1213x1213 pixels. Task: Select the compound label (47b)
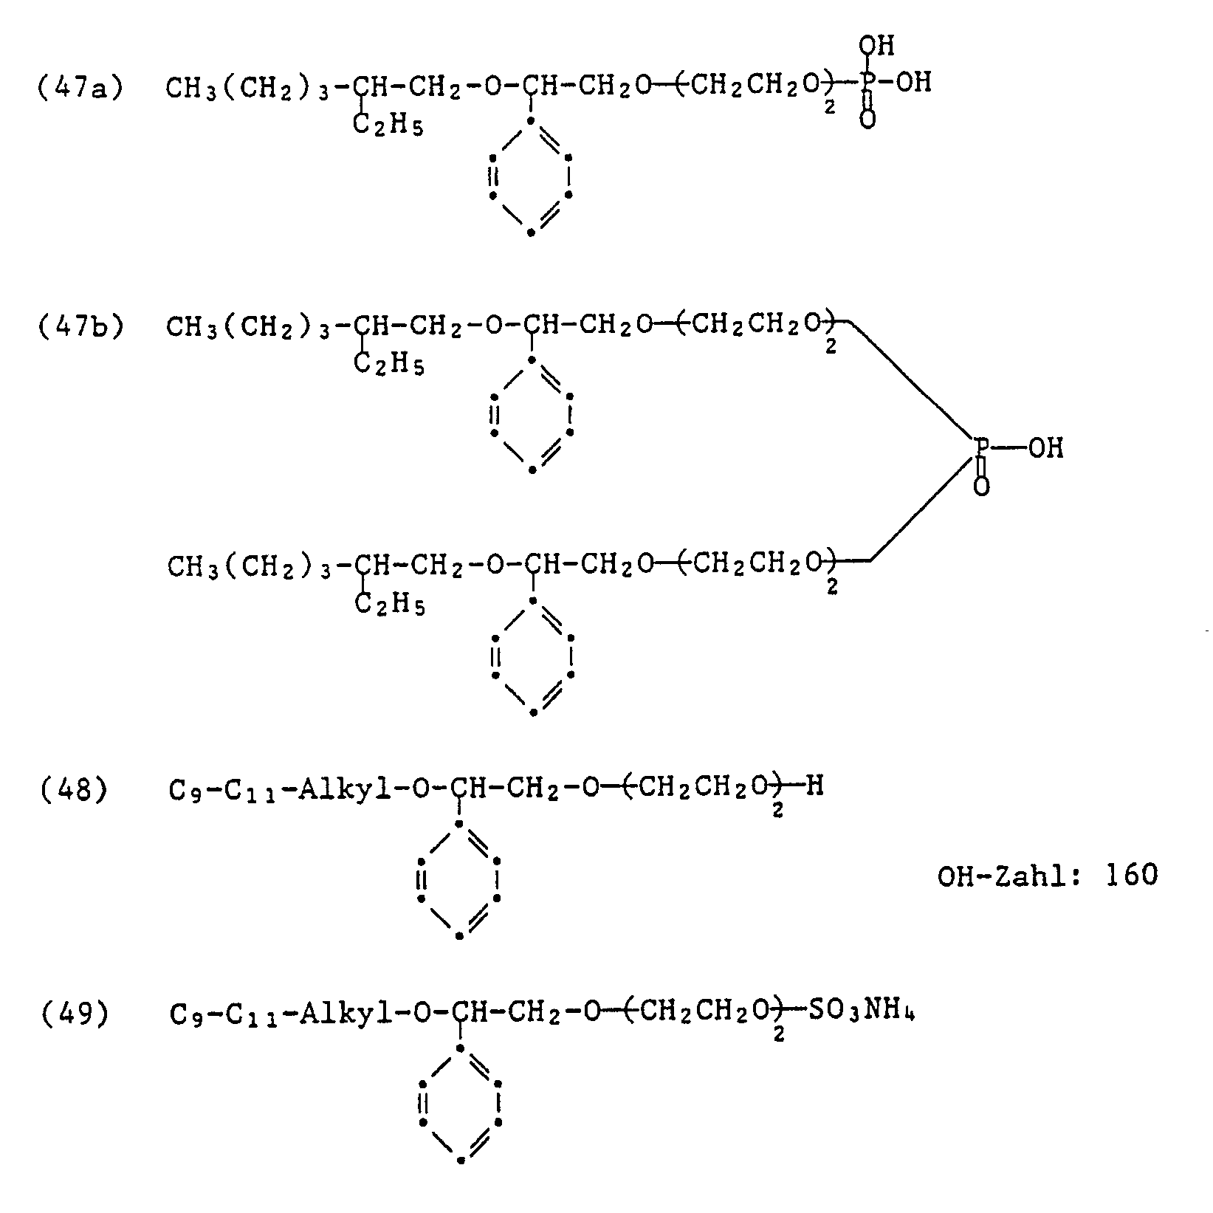click(80, 326)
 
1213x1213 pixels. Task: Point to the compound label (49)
click(73, 1014)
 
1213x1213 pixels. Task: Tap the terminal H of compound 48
click(814, 786)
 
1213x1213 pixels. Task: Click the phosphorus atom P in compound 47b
click(982, 447)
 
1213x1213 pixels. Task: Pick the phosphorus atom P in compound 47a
click(867, 83)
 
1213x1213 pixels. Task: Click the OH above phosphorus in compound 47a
click(876, 47)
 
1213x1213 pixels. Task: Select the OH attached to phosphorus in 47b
click(1046, 448)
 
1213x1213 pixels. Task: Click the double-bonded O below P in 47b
click(981, 487)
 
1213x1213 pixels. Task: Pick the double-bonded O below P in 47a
click(868, 120)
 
